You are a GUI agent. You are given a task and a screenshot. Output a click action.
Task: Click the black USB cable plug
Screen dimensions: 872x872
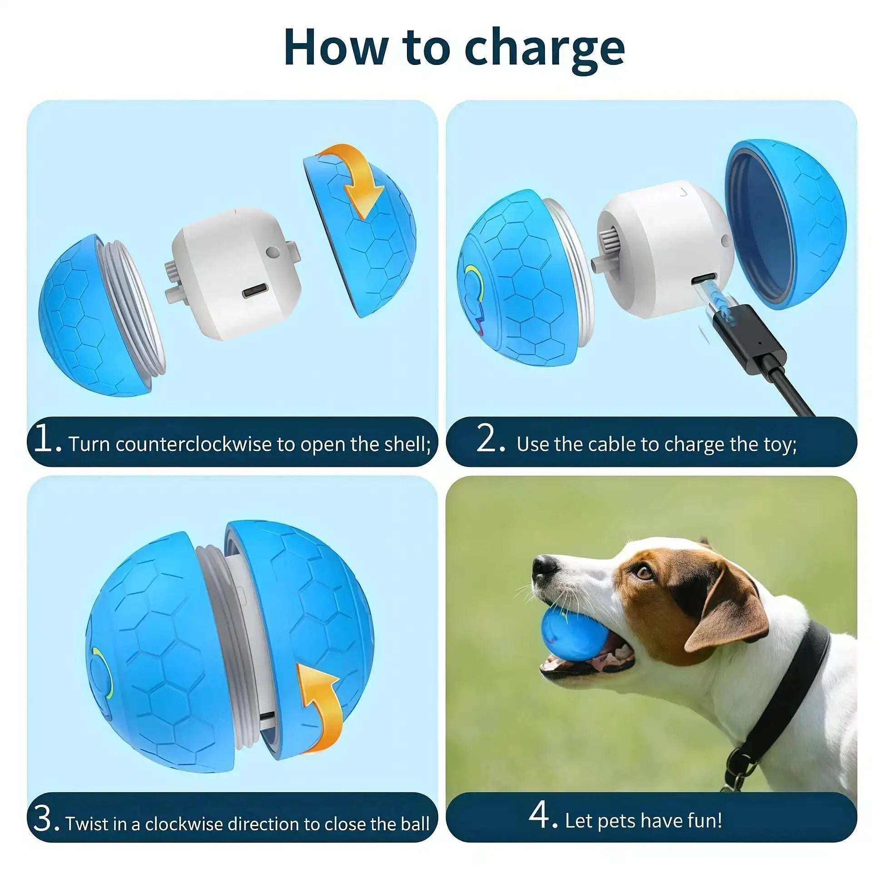[745, 336]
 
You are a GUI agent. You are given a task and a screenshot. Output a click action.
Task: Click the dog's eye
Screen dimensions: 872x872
[644, 572]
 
